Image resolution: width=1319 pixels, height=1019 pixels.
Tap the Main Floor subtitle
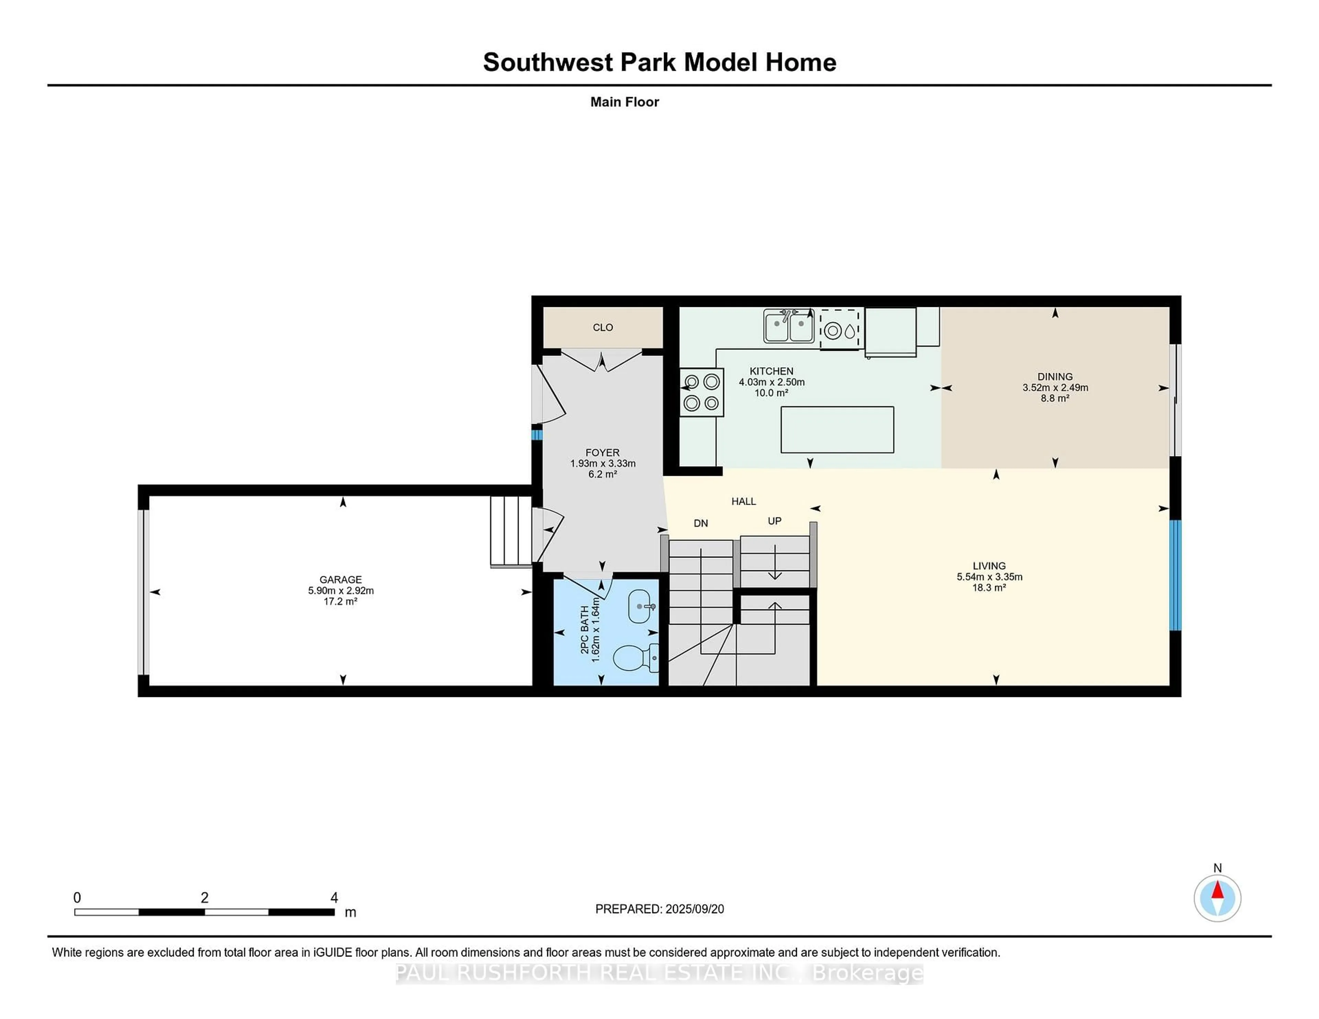[x=624, y=102]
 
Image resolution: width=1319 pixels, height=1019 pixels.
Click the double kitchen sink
[x=788, y=327]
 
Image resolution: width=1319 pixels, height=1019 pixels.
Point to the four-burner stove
[x=701, y=392]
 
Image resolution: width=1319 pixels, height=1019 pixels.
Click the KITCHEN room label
[x=771, y=371]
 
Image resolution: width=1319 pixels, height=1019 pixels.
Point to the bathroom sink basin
[x=640, y=606]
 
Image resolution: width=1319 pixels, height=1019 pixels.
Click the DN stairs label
[x=701, y=523]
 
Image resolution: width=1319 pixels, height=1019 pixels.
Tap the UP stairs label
[x=774, y=521]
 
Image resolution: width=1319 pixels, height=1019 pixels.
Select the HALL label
[x=743, y=501]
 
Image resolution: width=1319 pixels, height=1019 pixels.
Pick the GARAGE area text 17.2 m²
[x=341, y=602]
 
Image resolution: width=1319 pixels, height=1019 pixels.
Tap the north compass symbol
[x=1217, y=898]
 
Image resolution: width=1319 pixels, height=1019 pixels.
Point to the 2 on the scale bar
[x=205, y=898]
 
